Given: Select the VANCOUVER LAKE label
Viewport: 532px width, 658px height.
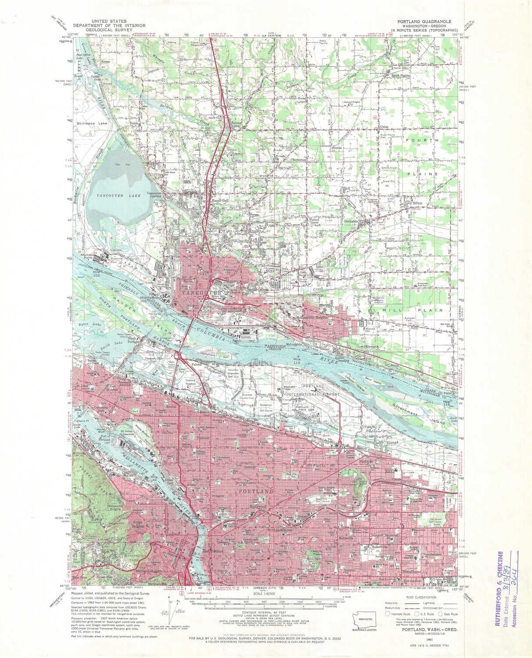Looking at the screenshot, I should tap(119, 195).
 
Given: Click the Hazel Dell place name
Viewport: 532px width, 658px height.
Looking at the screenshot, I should tap(220, 200).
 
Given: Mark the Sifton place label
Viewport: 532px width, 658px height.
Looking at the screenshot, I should tap(417, 204).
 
